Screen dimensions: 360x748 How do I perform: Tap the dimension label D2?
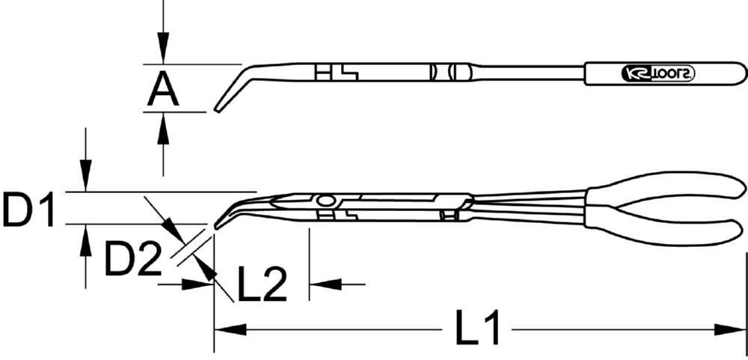pyautogui.click(x=132, y=260)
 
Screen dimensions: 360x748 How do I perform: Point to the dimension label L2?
pyautogui.click(x=262, y=284)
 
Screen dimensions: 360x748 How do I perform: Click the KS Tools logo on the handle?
pyautogui.click(x=659, y=73)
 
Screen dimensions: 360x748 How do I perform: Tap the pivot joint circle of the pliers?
pyautogui.click(x=325, y=201)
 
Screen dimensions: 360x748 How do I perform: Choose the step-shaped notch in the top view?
pyautogui.click(x=347, y=73)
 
